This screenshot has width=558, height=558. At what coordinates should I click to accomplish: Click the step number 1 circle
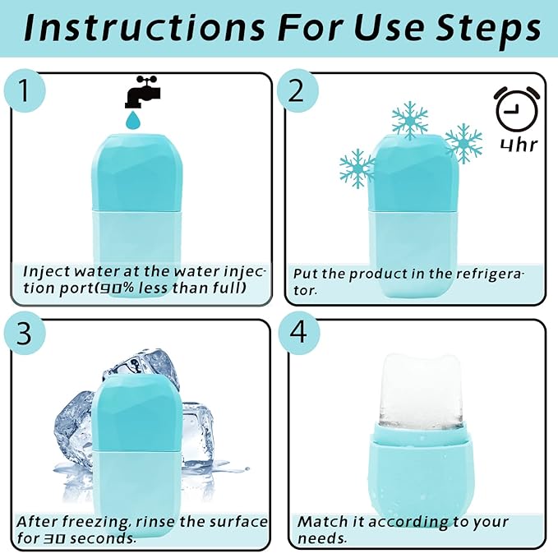[28, 92]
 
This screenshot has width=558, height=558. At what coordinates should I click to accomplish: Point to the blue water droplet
[132, 120]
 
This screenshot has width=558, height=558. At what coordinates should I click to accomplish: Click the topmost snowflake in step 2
[410, 121]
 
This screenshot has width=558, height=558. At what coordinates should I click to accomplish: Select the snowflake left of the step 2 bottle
[357, 168]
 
